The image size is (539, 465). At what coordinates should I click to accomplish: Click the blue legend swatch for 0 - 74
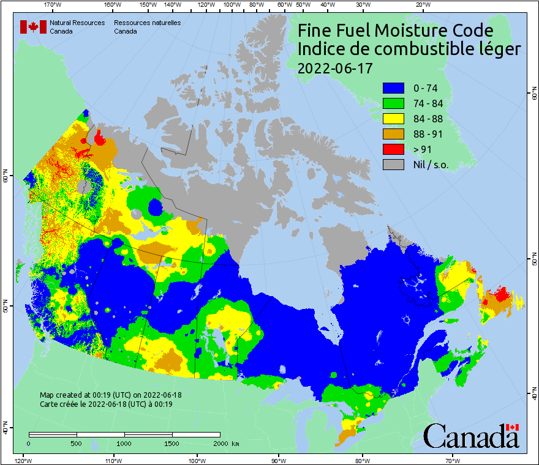pos(393,88)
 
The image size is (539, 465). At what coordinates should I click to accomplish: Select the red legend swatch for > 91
pos(393,149)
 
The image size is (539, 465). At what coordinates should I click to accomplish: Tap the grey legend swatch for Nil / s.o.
pos(393,165)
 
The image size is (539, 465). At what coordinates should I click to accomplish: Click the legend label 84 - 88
pos(429,119)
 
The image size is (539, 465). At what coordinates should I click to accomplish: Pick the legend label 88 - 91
pos(429,134)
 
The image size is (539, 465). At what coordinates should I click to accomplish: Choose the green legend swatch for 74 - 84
pos(393,103)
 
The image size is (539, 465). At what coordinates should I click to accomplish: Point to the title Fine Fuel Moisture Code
pos(395,30)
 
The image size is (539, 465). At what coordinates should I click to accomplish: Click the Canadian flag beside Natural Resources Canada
pos(33,27)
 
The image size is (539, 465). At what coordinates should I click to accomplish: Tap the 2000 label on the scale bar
pos(221,443)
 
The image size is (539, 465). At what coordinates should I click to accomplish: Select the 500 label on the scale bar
pos(77,443)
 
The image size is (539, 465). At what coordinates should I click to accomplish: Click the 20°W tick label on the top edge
pos(421,4)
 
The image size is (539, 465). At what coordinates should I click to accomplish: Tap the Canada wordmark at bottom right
pos(471,436)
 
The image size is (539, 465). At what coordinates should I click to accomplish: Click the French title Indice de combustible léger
pos(409,50)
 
